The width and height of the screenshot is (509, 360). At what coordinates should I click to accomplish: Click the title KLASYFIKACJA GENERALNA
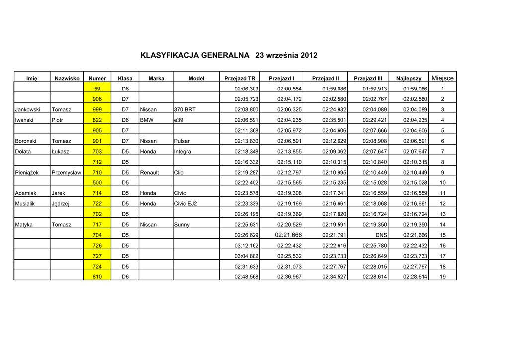click(x=195, y=55)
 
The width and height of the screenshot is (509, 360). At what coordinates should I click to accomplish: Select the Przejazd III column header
click(x=368, y=78)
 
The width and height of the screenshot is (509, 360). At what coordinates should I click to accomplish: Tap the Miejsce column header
click(x=442, y=78)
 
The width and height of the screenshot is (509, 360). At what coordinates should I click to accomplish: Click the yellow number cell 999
click(x=97, y=109)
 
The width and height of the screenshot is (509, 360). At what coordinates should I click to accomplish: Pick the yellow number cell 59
click(x=97, y=89)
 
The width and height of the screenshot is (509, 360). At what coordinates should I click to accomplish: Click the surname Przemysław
click(x=66, y=173)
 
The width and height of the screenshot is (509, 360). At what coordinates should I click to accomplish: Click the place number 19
click(x=442, y=277)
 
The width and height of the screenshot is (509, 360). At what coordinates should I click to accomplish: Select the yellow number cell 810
click(x=97, y=277)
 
